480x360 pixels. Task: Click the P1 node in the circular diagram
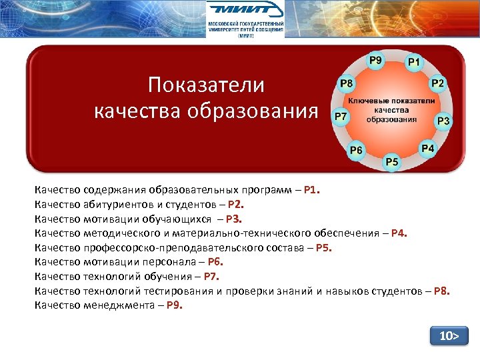point(414,62)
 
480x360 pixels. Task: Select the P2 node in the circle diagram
point(438,83)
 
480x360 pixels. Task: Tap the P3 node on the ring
point(443,121)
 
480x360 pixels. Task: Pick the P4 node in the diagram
point(427,147)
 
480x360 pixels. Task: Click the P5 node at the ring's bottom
point(391,161)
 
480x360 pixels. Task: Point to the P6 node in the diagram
point(357,150)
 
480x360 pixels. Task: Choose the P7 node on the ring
point(340,116)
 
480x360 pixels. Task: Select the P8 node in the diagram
point(347,84)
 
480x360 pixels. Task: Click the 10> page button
point(449,336)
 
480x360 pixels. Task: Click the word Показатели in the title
point(206,85)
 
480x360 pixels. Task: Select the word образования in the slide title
point(254,110)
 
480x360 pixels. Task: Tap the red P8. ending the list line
point(441,291)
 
